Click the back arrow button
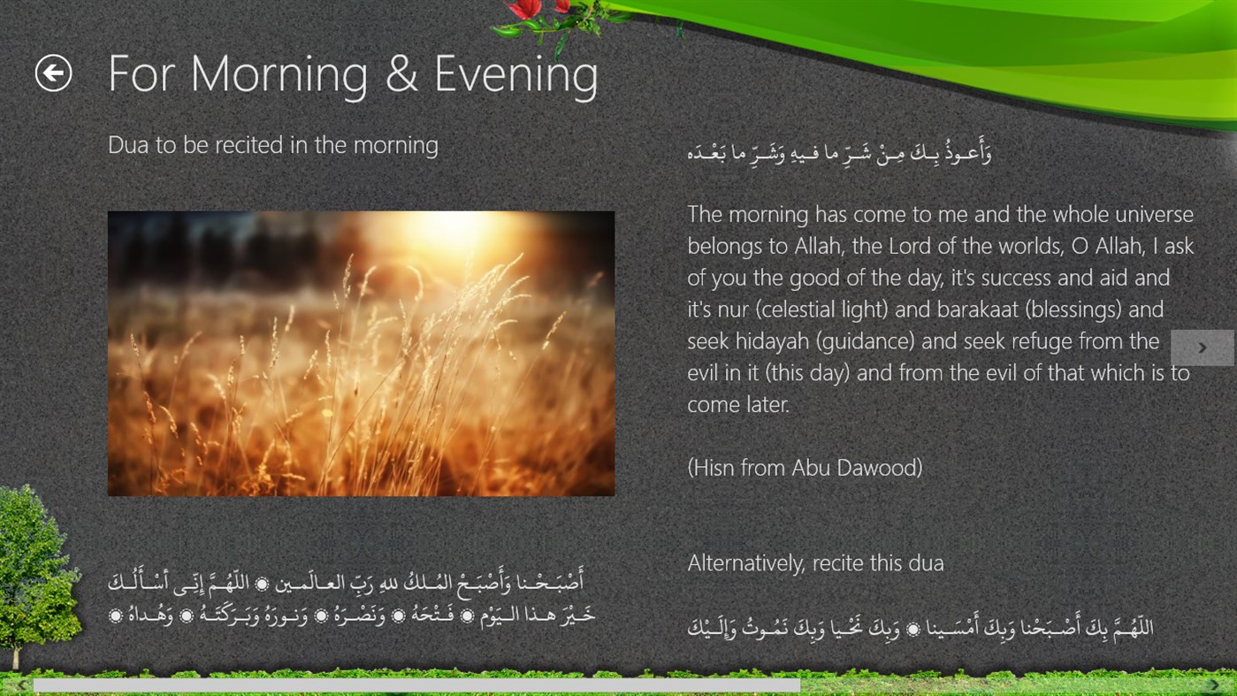pyautogui.click(x=53, y=73)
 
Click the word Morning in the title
pyautogui.click(x=279, y=75)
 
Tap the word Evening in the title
pyautogui.click(x=515, y=75)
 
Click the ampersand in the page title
pyautogui.click(x=401, y=74)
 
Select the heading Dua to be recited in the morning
pyautogui.click(x=272, y=145)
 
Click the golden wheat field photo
pyautogui.click(x=361, y=353)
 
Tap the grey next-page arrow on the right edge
pyautogui.click(x=1202, y=348)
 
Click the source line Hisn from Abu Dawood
pyautogui.click(x=805, y=468)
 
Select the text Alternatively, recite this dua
pyautogui.click(x=815, y=563)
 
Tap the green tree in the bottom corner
pyautogui.click(x=35, y=575)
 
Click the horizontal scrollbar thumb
pyautogui.click(x=416, y=685)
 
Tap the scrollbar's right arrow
pyautogui.click(x=1214, y=685)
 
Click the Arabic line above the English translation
pyautogui.click(x=840, y=153)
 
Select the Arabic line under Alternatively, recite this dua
pyautogui.click(x=920, y=629)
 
